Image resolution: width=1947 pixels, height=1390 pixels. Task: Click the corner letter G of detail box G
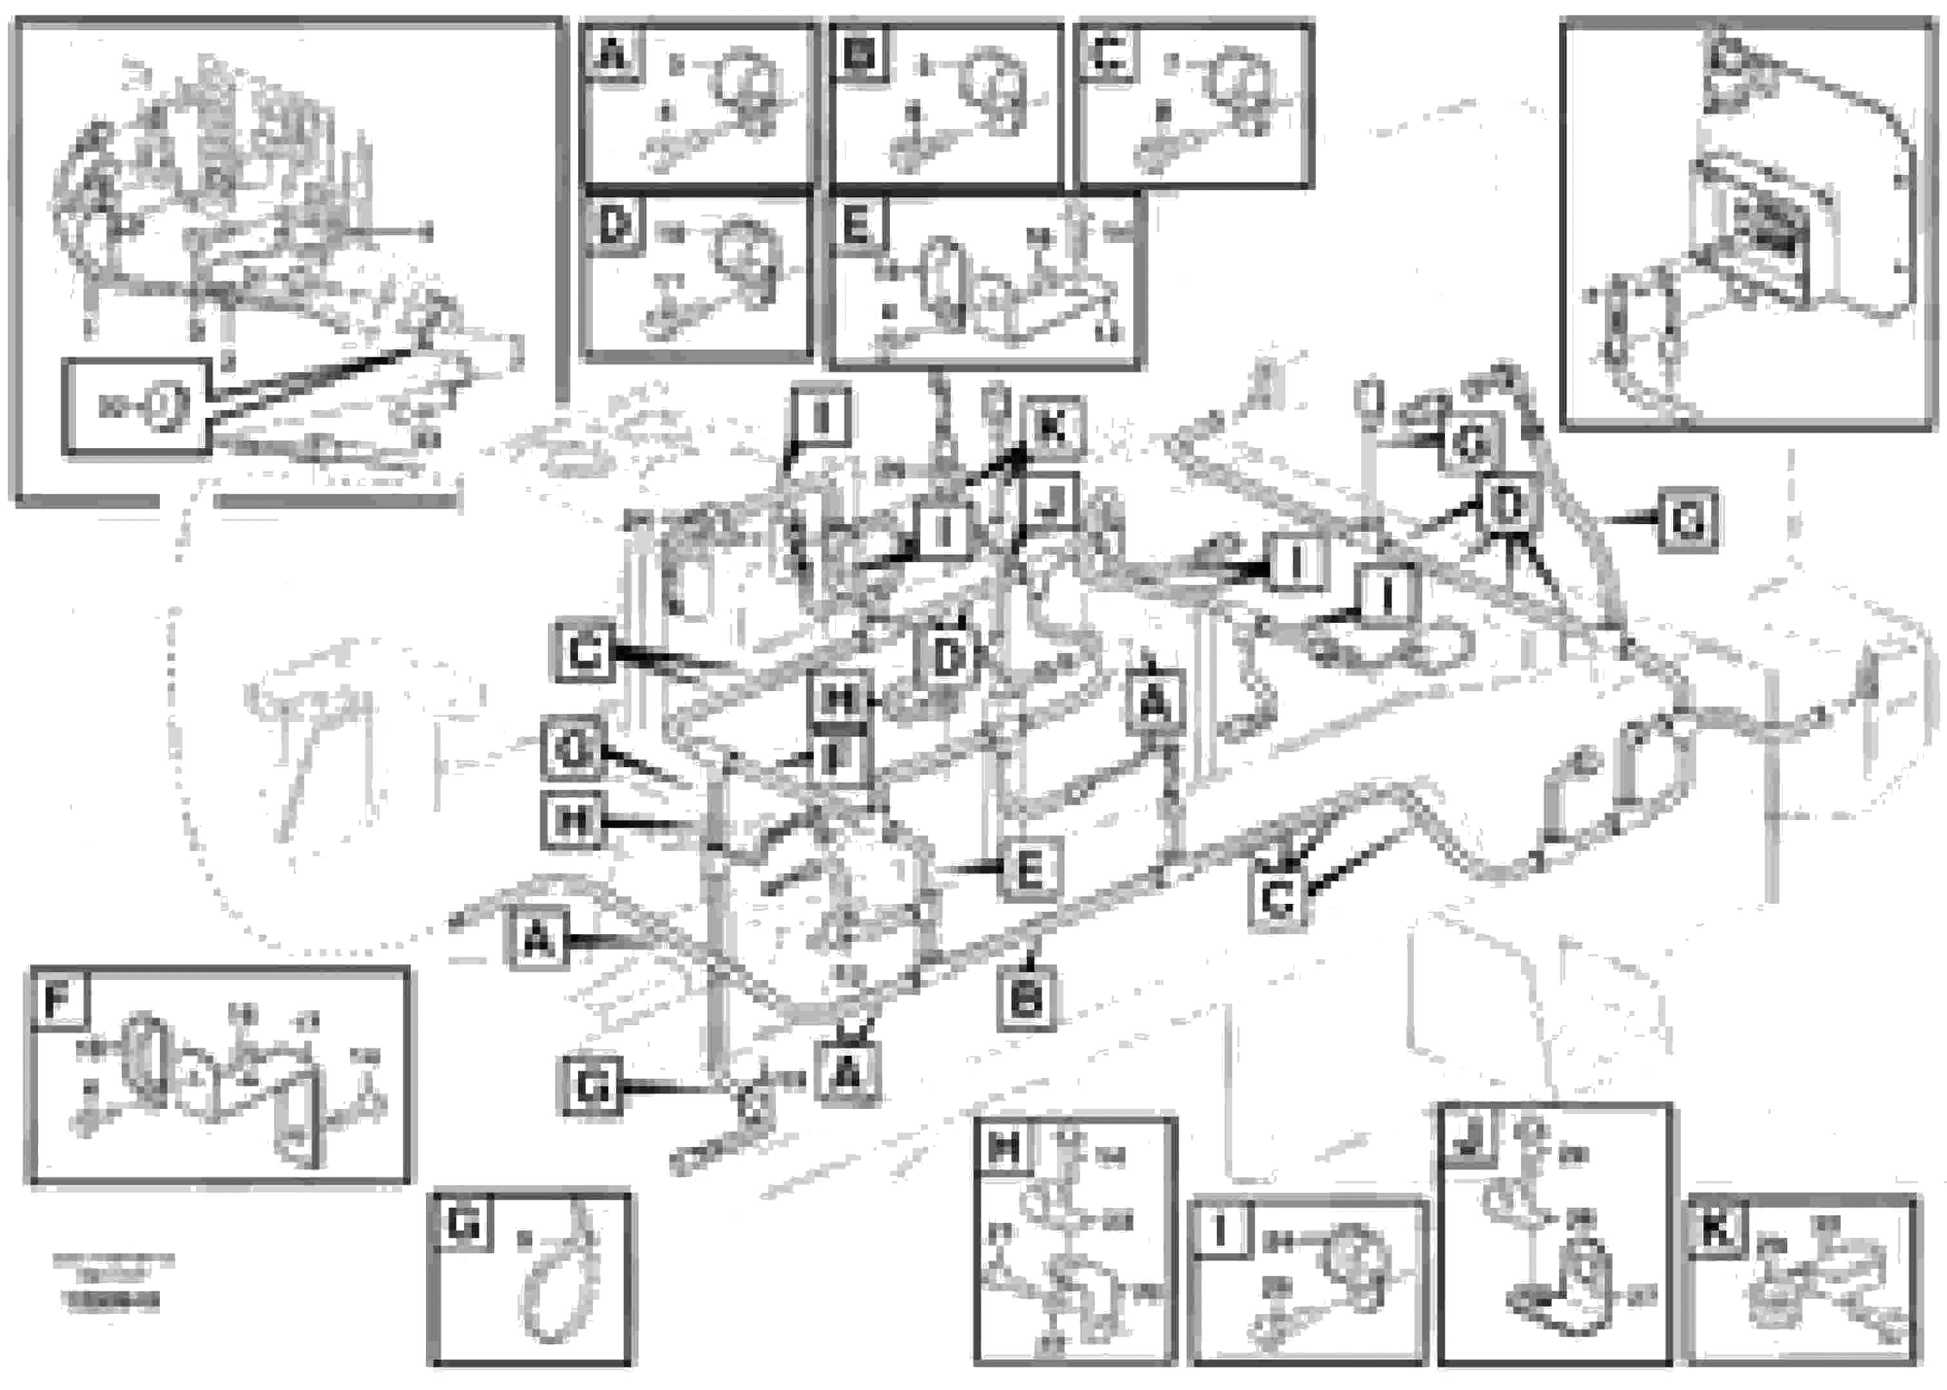[463, 1226]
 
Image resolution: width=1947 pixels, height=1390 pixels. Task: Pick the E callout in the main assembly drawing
[1031, 870]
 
